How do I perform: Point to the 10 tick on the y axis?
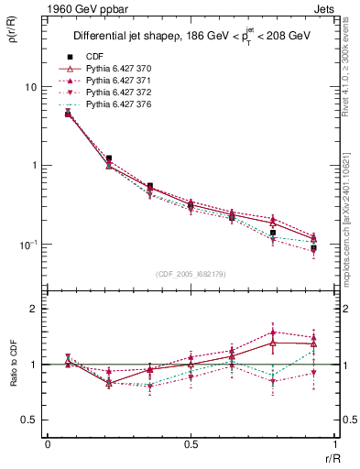[30, 87]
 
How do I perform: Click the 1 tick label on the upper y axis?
[34, 166]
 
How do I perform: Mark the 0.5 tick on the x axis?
[191, 444]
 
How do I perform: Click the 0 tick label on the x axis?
[48, 444]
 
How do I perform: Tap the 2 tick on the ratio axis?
[34, 309]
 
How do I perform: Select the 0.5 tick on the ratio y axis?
[28, 420]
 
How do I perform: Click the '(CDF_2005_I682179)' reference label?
[191, 274]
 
